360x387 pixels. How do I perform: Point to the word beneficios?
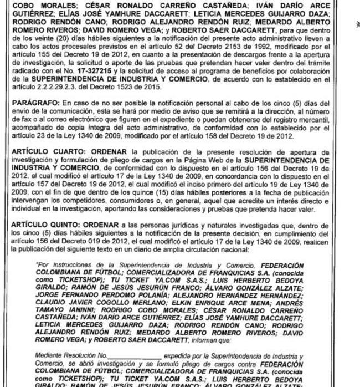coord(240,73)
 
